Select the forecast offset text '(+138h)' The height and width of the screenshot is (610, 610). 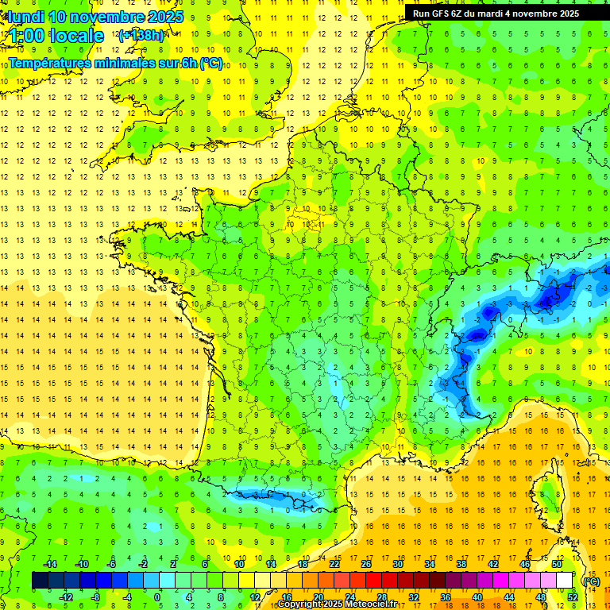pos(141,36)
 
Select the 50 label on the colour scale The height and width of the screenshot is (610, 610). pos(557,564)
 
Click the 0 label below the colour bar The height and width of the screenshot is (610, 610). pos(157,596)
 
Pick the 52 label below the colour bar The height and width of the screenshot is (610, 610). pos(572,596)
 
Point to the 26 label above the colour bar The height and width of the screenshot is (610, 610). pos(366,564)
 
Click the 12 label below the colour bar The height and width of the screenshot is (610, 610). pos(254,596)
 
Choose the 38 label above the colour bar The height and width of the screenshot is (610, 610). pos(461,564)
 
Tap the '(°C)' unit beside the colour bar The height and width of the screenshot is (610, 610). pos(591,581)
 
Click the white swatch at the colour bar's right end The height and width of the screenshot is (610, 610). pos(565,581)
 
